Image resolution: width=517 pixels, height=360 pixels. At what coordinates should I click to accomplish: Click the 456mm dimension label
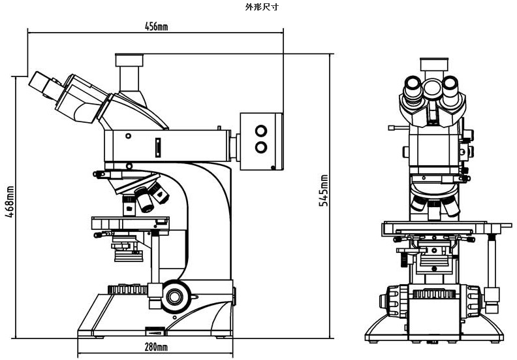click(x=156, y=26)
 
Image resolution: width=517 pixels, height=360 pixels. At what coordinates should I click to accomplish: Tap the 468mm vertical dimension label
click(x=10, y=202)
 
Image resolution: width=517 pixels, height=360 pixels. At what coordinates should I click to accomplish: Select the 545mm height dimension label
click(x=324, y=191)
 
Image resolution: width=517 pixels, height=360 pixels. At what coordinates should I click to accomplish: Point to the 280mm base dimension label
click(x=156, y=347)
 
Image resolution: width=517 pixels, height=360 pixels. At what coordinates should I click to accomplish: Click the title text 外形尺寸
click(x=262, y=7)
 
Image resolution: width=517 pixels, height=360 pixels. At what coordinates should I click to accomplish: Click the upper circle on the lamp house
click(x=261, y=131)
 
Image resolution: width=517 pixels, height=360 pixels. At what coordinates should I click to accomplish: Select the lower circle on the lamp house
click(x=261, y=147)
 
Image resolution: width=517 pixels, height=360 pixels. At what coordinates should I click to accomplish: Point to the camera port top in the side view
click(x=129, y=59)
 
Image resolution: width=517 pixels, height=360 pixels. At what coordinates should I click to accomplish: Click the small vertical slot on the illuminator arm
click(x=158, y=148)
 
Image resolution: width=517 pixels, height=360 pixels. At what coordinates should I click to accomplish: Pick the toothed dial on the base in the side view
click(x=127, y=289)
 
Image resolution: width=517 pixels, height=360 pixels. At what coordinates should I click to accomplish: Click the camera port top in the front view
click(x=434, y=64)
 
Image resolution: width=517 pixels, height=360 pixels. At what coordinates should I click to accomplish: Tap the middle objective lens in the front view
click(x=434, y=210)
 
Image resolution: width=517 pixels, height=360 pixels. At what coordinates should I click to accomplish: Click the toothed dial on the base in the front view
click(x=434, y=293)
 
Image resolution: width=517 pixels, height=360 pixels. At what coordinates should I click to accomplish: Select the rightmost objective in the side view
click(x=158, y=192)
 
